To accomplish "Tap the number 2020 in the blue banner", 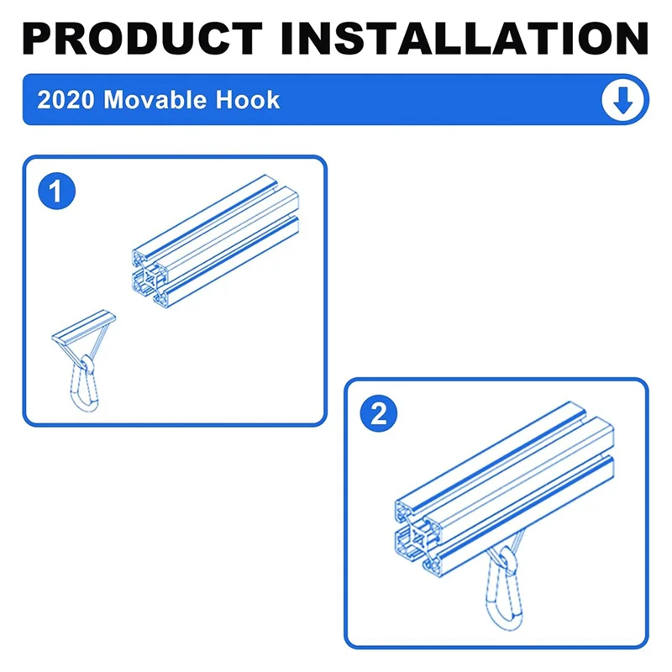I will tap(66, 100).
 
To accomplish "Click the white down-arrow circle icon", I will tap(622, 100).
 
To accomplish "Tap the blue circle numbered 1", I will tap(57, 192).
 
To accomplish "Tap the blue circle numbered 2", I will tap(379, 413).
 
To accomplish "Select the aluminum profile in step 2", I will tap(504, 487).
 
